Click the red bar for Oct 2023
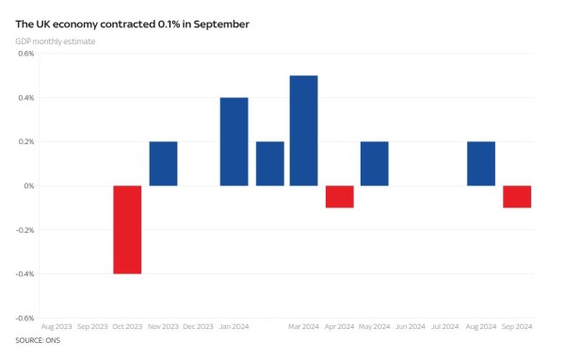[x=128, y=229]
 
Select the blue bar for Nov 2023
[x=163, y=164]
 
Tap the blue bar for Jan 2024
[x=234, y=141]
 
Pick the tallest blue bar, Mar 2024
[x=303, y=130]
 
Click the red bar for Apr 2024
[x=339, y=196]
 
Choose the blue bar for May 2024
[x=374, y=164]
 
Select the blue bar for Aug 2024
[x=480, y=164]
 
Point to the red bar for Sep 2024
[x=516, y=196]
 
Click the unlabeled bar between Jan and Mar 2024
[x=269, y=164]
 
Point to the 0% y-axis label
[x=28, y=186]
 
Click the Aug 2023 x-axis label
[x=57, y=327]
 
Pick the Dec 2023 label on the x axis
[x=199, y=327]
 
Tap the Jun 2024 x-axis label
[x=410, y=327]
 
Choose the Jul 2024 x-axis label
[x=445, y=327]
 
